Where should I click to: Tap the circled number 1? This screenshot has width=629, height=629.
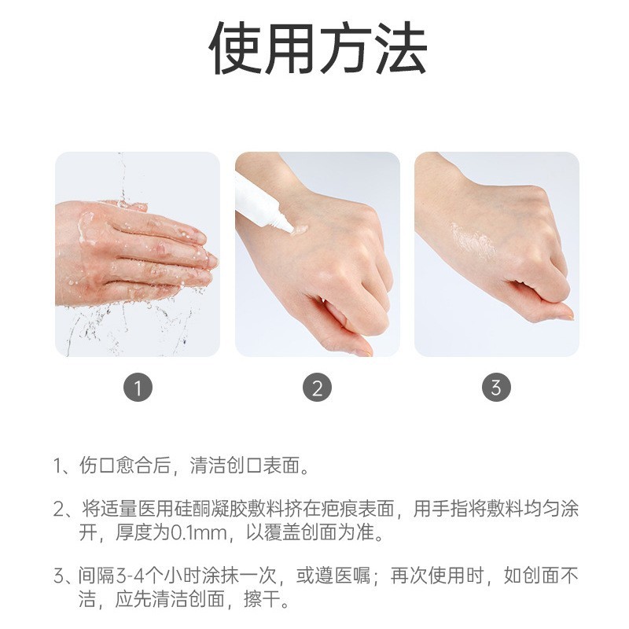[x=138, y=388]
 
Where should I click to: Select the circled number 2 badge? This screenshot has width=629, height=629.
[x=317, y=388]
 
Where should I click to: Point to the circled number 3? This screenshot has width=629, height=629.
[x=496, y=388]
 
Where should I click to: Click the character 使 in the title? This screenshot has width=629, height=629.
[x=235, y=49]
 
